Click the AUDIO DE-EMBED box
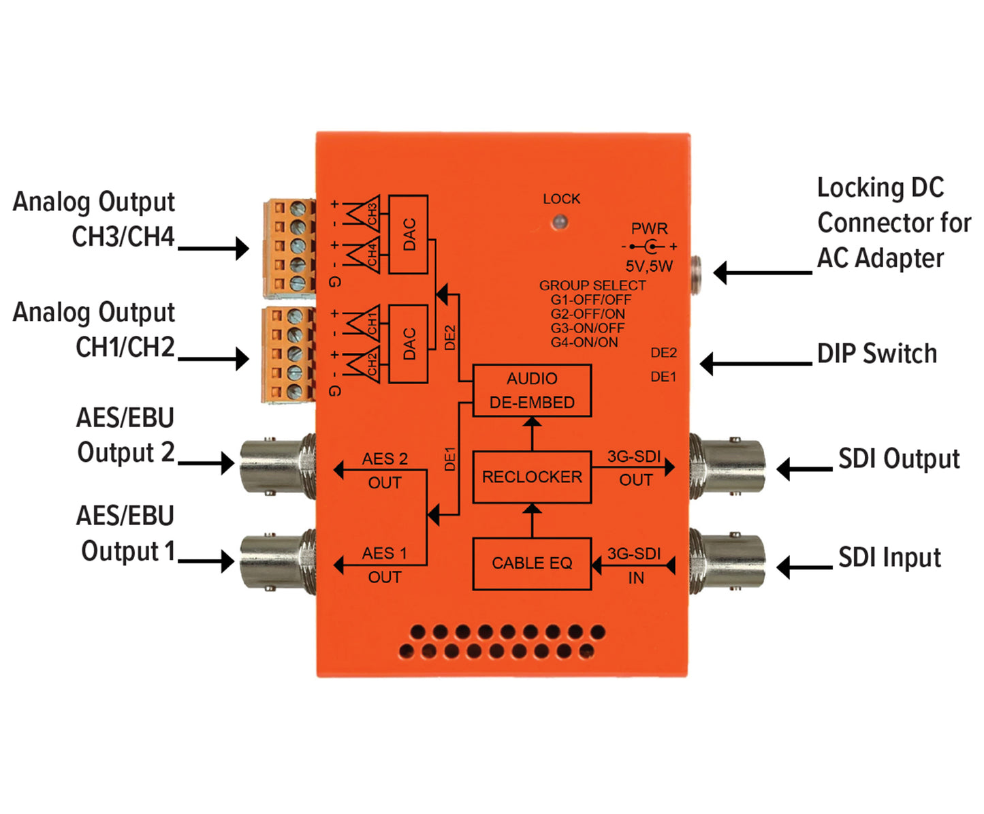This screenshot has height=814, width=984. click(x=532, y=390)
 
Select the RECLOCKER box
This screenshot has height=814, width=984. click(x=532, y=477)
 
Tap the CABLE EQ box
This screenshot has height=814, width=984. click(x=532, y=563)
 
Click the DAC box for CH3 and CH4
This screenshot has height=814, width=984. click(x=409, y=234)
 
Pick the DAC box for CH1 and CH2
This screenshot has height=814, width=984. click(x=409, y=343)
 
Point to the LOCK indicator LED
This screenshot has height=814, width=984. click(x=560, y=221)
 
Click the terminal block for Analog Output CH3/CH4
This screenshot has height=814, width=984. click(x=290, y=247)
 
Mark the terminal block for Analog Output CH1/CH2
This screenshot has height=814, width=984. click(x=289, y=354)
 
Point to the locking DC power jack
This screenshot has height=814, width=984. click(x=698, y=272)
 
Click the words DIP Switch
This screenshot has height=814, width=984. click(x=877, y=354)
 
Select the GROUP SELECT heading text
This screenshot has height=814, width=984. click(x=592, y=285)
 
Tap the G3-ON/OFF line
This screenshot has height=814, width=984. click(x=588, y=328)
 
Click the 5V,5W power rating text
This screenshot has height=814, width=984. click(x=649, y=266)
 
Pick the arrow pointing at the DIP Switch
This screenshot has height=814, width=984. click(x=756, y=364)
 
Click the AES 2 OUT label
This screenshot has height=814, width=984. click(x=385, y=470)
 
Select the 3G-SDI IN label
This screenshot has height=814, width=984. click(x=635, y=566)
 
